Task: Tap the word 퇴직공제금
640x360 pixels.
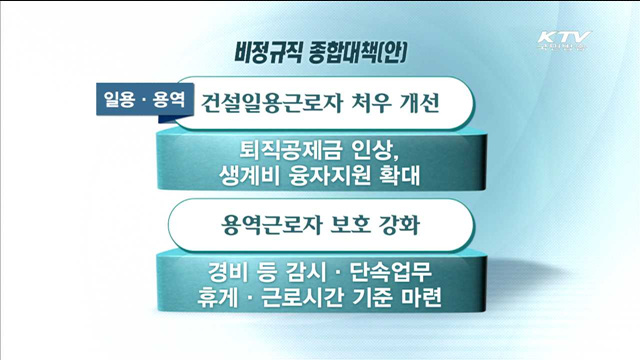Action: (290, 151)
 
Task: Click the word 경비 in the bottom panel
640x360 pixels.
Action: (229, 271)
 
